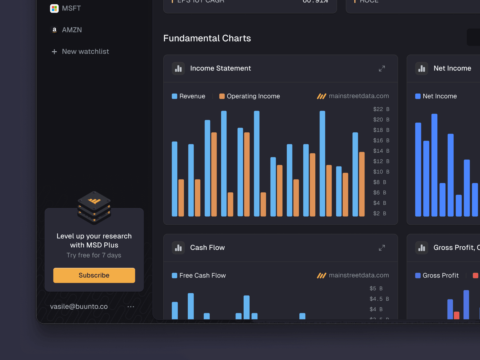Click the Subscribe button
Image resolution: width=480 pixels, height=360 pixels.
point(94,275)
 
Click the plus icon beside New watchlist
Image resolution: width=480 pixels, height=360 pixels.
point(54,52)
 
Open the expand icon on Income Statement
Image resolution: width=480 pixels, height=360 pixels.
point(382,68)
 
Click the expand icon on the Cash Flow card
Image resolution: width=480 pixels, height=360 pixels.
point(382,248)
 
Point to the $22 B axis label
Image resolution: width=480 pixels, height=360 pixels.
point(381,109)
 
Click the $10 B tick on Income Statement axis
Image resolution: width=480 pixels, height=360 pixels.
point(381,172)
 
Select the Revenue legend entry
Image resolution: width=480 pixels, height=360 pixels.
point(189,96)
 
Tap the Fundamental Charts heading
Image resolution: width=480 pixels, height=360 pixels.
point(207,38)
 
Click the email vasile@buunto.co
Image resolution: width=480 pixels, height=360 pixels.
point(79,306)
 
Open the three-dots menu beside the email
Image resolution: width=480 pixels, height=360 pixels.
point(131,307)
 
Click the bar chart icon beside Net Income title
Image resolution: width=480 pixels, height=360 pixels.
point(421,68)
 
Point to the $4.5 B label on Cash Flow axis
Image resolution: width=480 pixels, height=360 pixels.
point(379,299)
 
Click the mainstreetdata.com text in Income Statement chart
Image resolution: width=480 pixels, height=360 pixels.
point(358,96)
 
